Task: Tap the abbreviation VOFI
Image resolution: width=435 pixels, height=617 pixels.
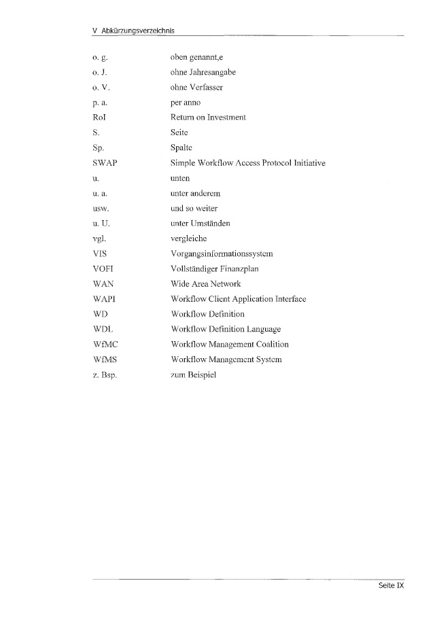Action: point(104,269)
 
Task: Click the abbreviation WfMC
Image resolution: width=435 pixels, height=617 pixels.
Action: point(105,345)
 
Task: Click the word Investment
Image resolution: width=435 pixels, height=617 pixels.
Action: point(224,118)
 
